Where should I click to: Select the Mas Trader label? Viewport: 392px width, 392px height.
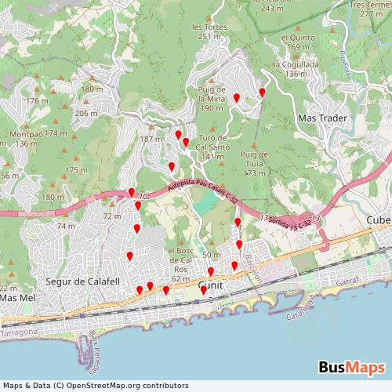[x=322, y=118]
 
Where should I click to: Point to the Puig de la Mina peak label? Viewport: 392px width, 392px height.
[x=212, y=100]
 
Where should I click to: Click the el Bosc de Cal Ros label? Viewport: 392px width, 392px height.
[x=181, y=260]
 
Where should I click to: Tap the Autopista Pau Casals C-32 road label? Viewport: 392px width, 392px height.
[x=203, y=192]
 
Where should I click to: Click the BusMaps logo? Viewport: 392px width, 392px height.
[x=350, y=367]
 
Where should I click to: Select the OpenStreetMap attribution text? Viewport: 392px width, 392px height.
[x=95, y=386]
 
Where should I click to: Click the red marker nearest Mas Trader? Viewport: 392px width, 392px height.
[x=262, y=93]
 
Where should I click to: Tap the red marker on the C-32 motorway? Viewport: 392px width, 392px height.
[x=131, y=192]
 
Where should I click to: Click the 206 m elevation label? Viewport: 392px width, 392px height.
[x=85, y=113]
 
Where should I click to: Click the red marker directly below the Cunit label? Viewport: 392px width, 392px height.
[x=204, y=290]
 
